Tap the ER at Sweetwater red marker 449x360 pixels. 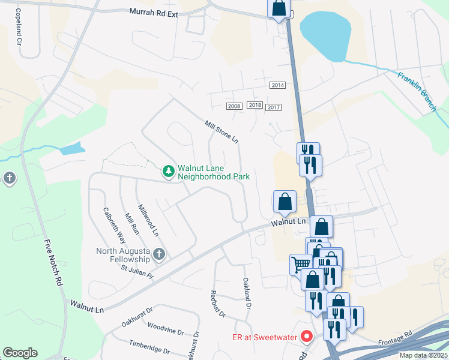tap(307, 337)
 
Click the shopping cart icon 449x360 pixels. tap(301, 263)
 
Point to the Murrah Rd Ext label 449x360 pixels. tap(154, 11)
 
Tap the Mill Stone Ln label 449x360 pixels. tap(221, 131)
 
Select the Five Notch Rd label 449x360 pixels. tap(54, 262)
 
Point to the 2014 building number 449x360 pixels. tap(277, 85)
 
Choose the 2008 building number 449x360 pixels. tap(234, 106)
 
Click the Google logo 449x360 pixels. tap(20, 353)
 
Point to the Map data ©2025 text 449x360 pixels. tap(424, 355)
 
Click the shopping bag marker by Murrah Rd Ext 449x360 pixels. tap(279, 8)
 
